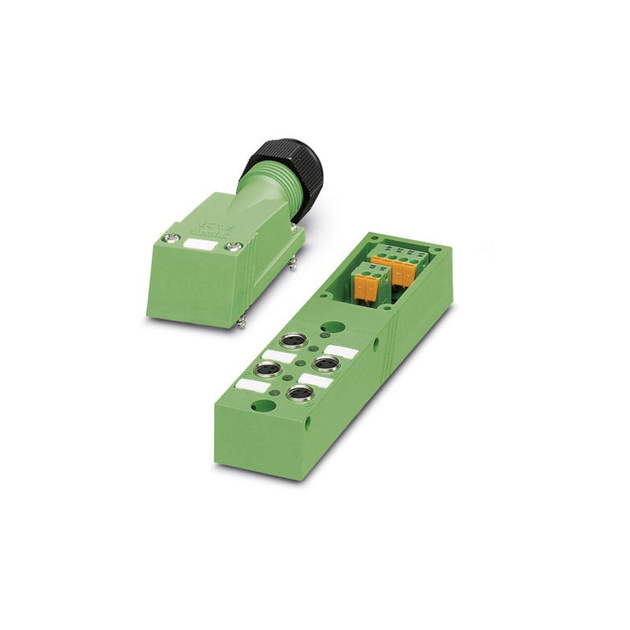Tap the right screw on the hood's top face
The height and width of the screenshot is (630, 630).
pyautogui.click(x=232, y=247)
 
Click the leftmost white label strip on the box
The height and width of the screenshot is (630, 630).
pyautogui.click(x=250, y=385)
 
